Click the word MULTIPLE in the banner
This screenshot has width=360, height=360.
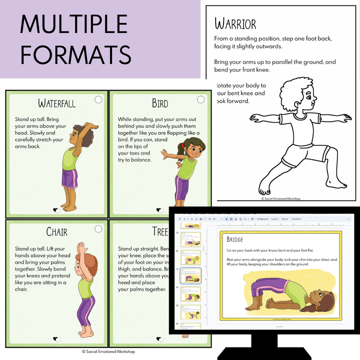[x=74, y=23]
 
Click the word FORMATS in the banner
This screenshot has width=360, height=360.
[x=76, y=54]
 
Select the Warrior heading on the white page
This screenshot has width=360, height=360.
[x=235, y=23]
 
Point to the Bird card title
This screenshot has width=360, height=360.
[x=160, y=103]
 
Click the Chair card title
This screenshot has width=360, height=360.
[x=56, y=231]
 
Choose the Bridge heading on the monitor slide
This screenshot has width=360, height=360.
[x=234, y=239]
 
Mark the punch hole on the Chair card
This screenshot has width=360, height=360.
[x=98, y=228]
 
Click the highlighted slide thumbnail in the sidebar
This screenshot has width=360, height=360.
[x=189, y=275]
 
